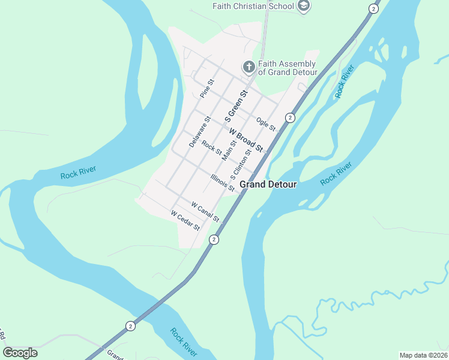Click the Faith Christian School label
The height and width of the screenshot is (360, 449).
[253, 7]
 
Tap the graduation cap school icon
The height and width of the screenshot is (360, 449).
[304, 7]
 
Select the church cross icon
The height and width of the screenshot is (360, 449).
[249, 67]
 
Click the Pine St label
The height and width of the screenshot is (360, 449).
[206, 88]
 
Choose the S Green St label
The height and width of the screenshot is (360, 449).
[236, 103]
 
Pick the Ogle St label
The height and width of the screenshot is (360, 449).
[265, 124]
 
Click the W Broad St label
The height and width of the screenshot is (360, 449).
[246, 141]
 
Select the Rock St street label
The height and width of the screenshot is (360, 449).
[211, 146]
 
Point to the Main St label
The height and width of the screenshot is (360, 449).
[229, 149]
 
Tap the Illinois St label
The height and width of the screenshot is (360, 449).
[223, 182]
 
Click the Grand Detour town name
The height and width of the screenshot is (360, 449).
[268, 185]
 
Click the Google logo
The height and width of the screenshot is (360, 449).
[20, 352]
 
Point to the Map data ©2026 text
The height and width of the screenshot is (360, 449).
[423, 355]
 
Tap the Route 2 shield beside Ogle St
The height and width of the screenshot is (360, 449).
[290, 118]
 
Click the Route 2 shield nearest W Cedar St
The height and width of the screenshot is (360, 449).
[214, 239]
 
